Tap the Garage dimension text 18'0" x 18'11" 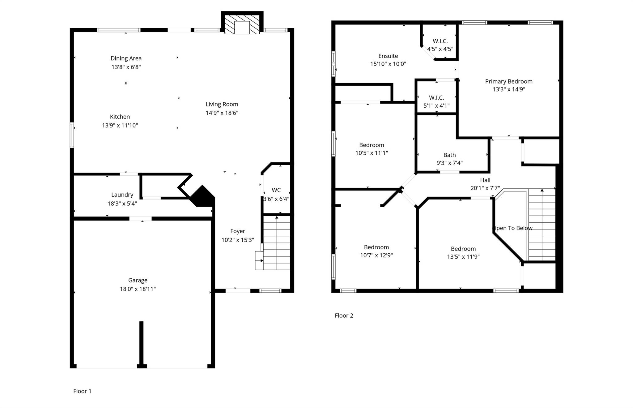coord(138,289)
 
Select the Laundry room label coord(122,195)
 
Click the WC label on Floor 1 coord(276,190)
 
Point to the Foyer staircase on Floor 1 coord(276,243)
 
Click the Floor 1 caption coord(82,391)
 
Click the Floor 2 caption coord(344,316)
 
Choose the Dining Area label coord(126,58)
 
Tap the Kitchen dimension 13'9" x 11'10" coord(120,125)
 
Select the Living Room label coord(222,104)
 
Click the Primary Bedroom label coord(508,81)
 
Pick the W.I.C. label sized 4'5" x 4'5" coord(440,41)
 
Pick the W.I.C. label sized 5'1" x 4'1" coord(436,98)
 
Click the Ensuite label coord(388,56)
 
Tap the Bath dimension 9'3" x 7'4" coord(449,163)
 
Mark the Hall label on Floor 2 coord(485,180)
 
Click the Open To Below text coord(512,228)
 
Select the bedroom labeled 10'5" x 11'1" coord(372,145)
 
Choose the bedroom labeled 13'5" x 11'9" coord(463,249)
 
